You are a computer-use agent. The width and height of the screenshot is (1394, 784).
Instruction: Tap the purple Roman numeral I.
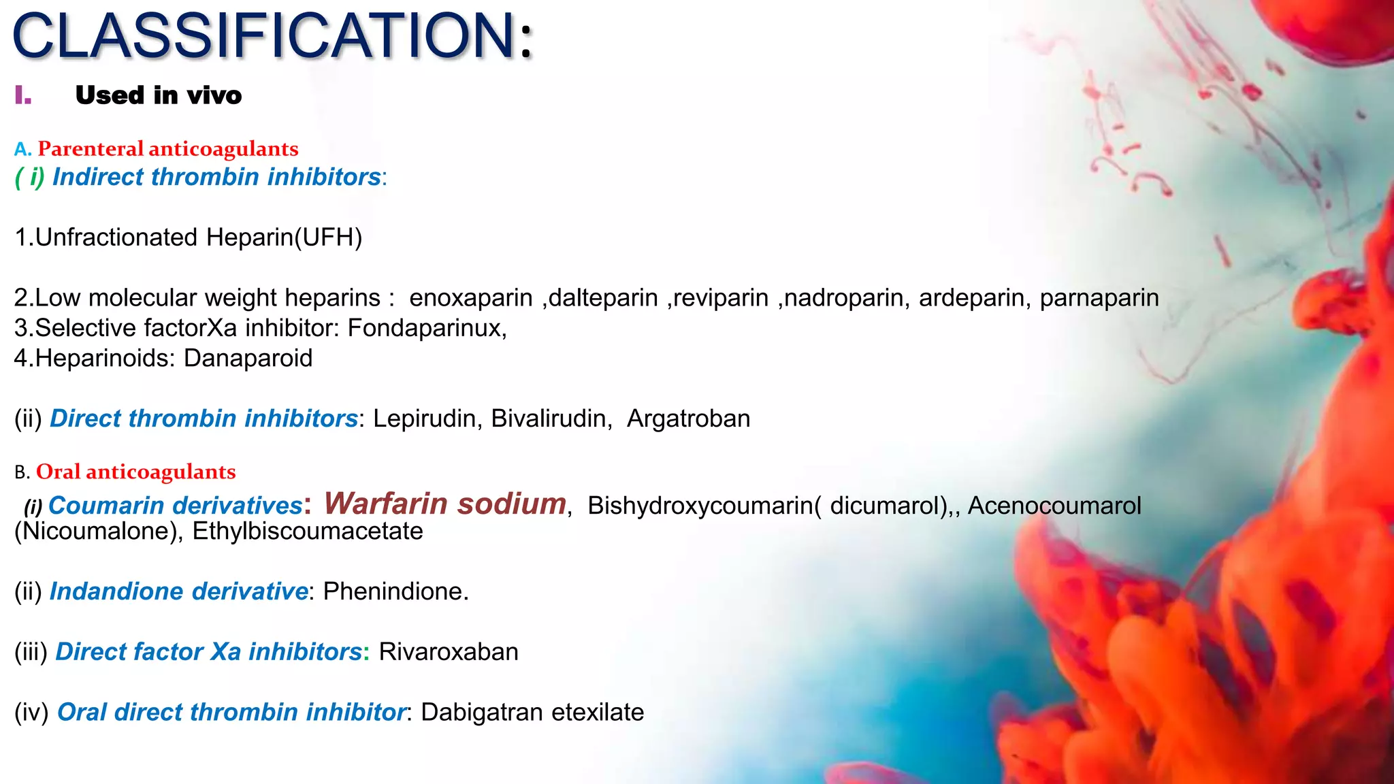coord(23,95)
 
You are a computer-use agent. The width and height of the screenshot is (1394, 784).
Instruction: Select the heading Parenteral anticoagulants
coord(167,149)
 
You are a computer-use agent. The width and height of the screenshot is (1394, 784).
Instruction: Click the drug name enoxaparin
coord(470,298)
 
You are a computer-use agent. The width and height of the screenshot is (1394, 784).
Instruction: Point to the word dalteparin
coord(603,298)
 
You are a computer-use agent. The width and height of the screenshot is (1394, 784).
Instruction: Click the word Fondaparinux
coord(426,328)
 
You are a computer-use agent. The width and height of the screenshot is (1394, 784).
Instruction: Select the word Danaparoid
coord(248,358)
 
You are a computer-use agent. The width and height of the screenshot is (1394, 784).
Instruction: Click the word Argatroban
coord(688,419)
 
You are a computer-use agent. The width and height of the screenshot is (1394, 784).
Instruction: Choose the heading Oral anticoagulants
coord(135,472)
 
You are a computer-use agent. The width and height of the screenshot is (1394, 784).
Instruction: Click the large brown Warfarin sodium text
coord(445,504)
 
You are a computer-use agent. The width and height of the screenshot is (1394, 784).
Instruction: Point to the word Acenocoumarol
coord(1054,506)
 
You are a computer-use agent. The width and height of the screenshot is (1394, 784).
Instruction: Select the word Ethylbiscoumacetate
coord(308,532)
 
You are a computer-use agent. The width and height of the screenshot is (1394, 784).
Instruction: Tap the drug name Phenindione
coord(395,591)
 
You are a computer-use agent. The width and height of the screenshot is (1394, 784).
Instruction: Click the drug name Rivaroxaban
coord(449,652)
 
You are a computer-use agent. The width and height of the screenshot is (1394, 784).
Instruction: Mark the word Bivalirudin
coord(549,419)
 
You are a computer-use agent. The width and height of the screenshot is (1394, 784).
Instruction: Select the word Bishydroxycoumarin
coord(699,506)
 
